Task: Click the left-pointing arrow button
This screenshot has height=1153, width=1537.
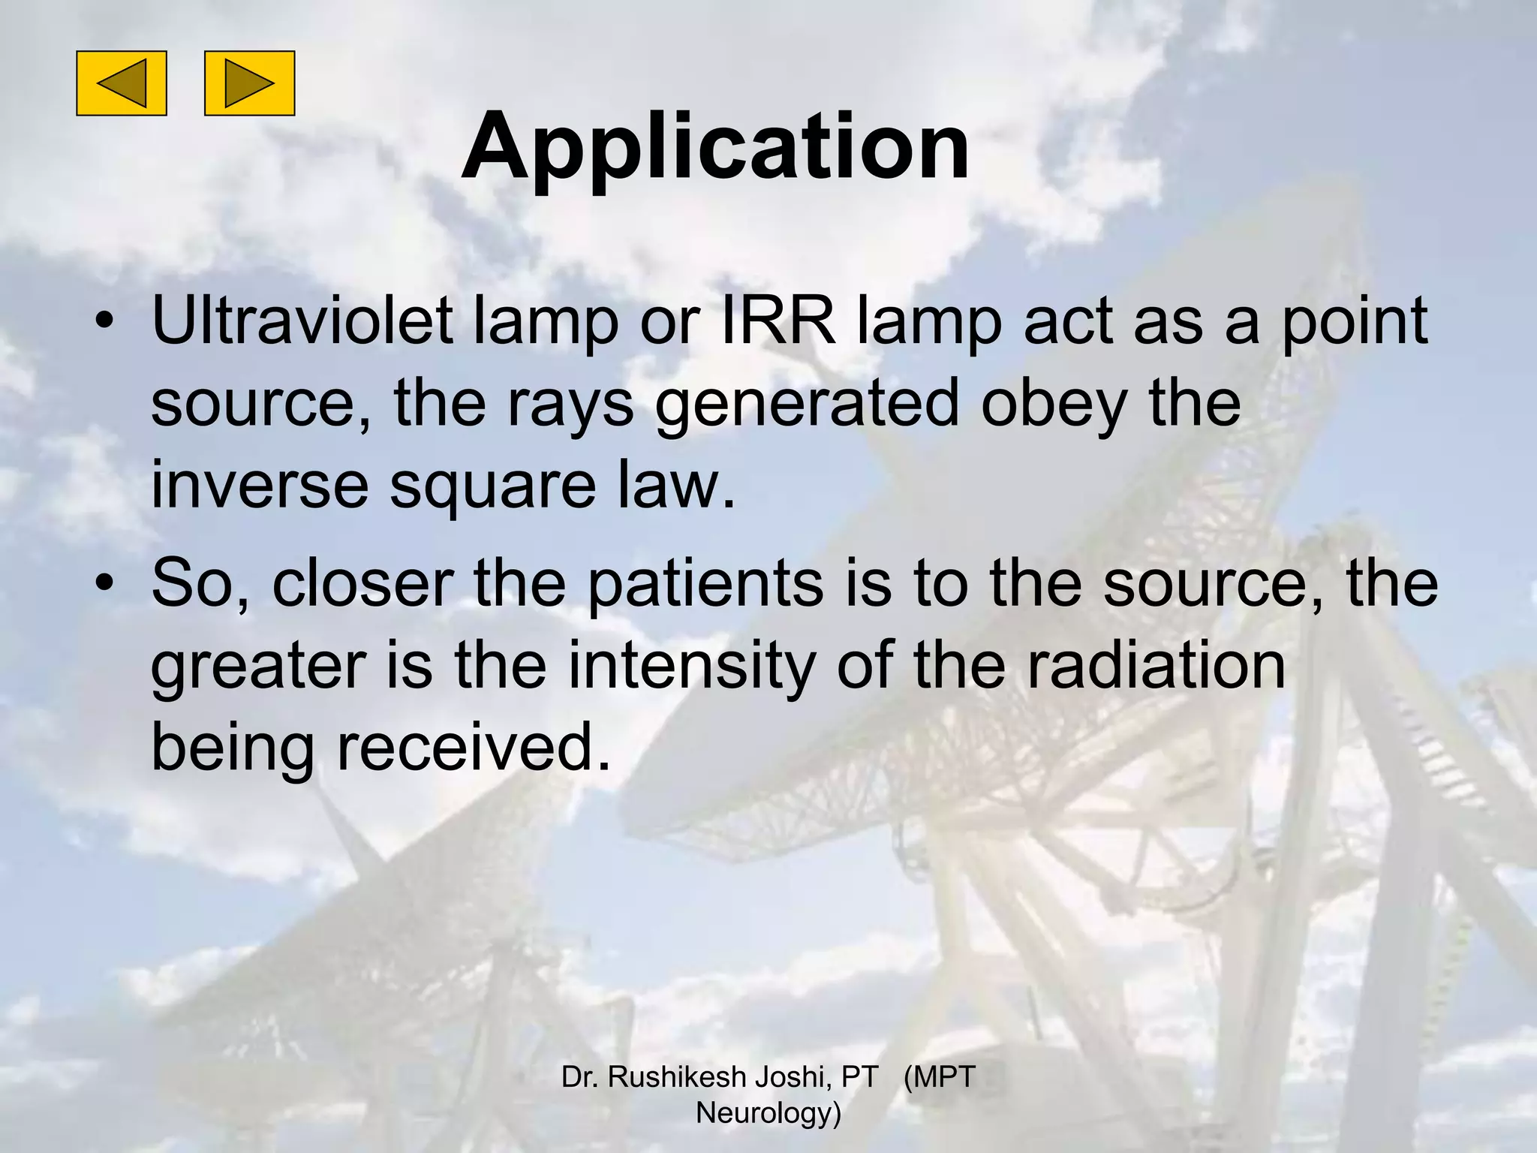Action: tap(121, 83)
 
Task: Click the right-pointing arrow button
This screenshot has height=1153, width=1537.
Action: tap(249, 83)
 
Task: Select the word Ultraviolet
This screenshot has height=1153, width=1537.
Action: tap(302, 321)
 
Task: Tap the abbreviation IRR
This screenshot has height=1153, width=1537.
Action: tap(778, 321)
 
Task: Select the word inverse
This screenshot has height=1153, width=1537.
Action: tap(260, 486)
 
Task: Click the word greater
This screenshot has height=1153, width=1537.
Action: tap(258, 668)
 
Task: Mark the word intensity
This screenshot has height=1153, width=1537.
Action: tap(691, 668)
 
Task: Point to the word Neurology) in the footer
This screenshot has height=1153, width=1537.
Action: tap(768, 1112)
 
